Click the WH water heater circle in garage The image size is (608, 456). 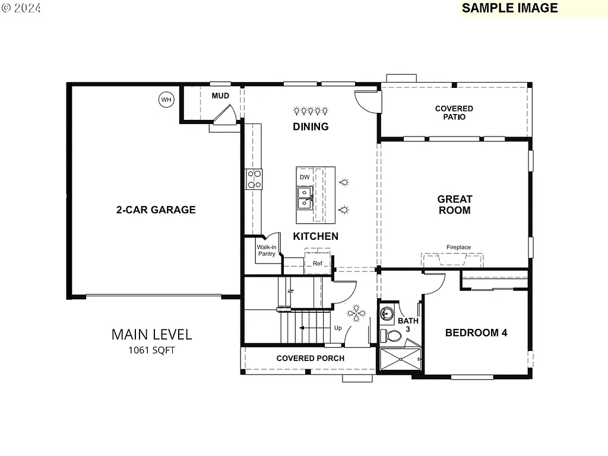pos(166,100)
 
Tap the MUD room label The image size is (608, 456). pos(220,96)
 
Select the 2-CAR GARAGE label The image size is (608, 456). pos(156,210)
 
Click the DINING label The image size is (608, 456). pos(311,126)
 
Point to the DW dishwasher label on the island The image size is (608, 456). pos(304,178)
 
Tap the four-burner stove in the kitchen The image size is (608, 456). pos(254,179)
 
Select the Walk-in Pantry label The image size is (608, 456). pos(267,251)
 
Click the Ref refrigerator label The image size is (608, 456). pos(318,264)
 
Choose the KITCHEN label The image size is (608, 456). pos(315,236)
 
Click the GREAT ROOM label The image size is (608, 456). pos(454,205)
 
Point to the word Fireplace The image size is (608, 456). pos(458,247)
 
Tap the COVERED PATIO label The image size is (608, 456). pos(454,113)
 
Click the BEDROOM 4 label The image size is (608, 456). pos(476,332)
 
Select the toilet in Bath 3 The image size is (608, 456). pos(391,336)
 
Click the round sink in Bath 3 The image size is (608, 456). pos(387,313)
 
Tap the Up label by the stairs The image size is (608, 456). pos(338,328)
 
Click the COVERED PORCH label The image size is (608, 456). pos(310,358)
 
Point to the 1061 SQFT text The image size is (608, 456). pos(151,350)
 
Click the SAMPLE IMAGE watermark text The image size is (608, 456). pos(509,8)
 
